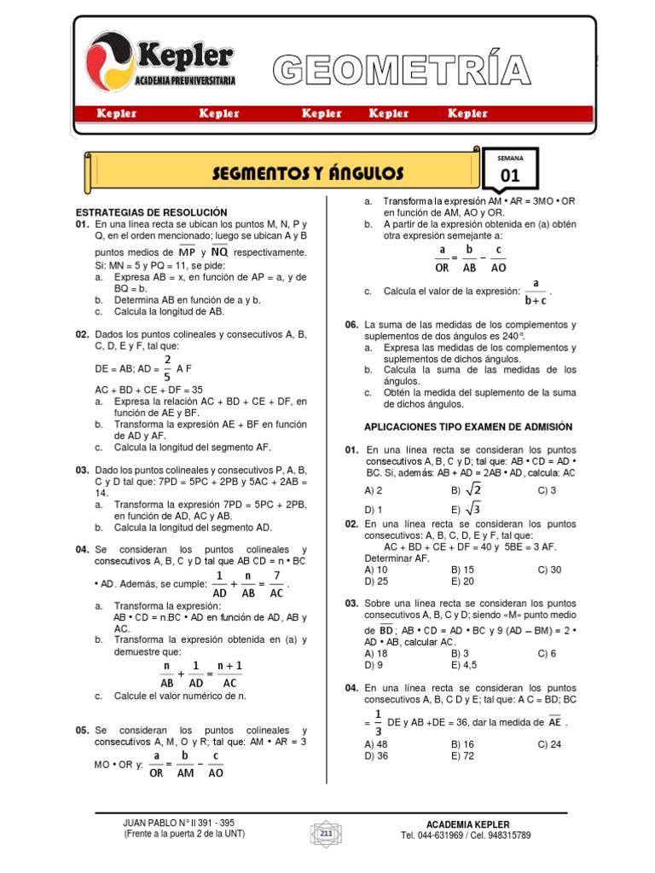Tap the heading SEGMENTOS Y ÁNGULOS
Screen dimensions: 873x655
308,174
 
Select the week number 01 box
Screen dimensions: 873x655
509,176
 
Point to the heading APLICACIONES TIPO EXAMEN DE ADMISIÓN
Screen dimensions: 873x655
468,426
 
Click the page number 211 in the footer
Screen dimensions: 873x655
326,832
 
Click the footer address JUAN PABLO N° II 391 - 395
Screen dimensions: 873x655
179,823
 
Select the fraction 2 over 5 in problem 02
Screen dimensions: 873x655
167,367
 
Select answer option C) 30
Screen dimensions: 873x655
548,569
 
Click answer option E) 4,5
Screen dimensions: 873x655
465,664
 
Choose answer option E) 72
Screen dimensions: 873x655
462,755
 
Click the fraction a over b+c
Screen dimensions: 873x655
535,291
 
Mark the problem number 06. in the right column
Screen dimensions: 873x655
351,325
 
